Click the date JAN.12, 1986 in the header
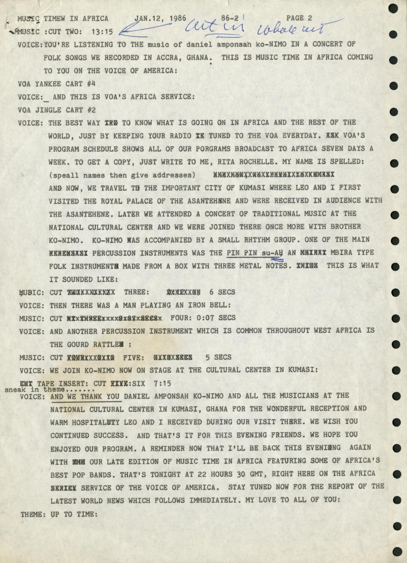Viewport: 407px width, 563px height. point(157,18)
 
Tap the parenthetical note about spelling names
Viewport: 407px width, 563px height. point(122,175)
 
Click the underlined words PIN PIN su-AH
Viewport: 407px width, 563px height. point(255,253)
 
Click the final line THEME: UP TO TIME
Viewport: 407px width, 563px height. point(59,514)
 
